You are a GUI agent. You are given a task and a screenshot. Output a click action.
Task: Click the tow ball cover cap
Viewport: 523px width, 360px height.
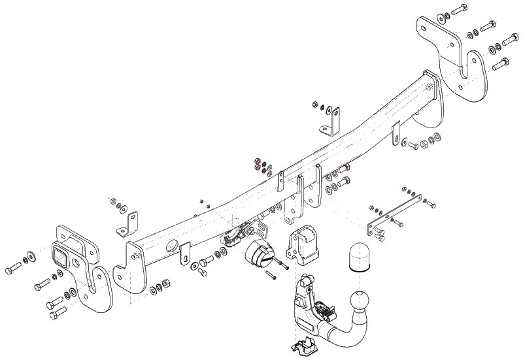coord(358,256)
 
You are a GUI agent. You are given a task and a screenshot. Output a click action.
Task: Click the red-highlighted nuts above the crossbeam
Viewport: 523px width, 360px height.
coord(260,164)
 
